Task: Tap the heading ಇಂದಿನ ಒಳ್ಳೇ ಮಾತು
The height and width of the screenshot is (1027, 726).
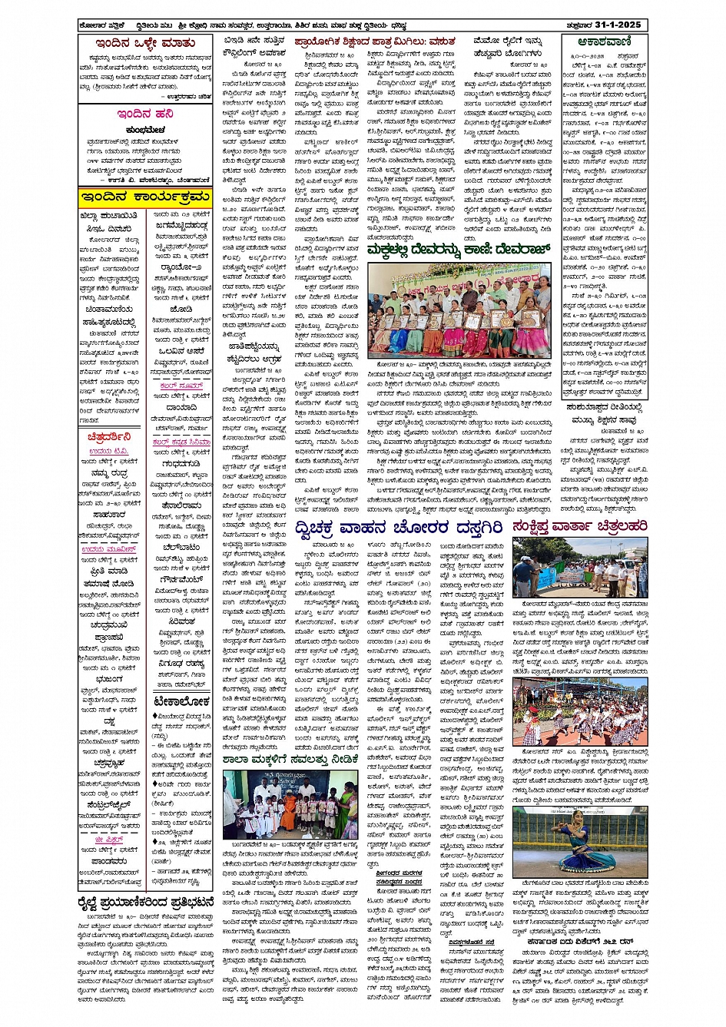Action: click(145, 44)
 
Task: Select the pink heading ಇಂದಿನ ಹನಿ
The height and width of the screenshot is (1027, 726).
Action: click(145, 114)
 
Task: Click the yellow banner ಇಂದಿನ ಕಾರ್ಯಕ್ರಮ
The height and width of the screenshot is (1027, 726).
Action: click(145, 197)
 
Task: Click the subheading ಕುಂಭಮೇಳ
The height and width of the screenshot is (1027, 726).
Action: click(144, 130)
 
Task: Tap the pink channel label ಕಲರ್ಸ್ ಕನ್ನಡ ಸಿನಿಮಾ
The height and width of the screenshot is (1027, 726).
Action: click(181, 442)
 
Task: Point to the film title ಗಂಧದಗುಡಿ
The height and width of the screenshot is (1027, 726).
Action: click(181, 464)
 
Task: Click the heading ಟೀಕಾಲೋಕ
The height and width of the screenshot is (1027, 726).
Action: click(181, 701)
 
